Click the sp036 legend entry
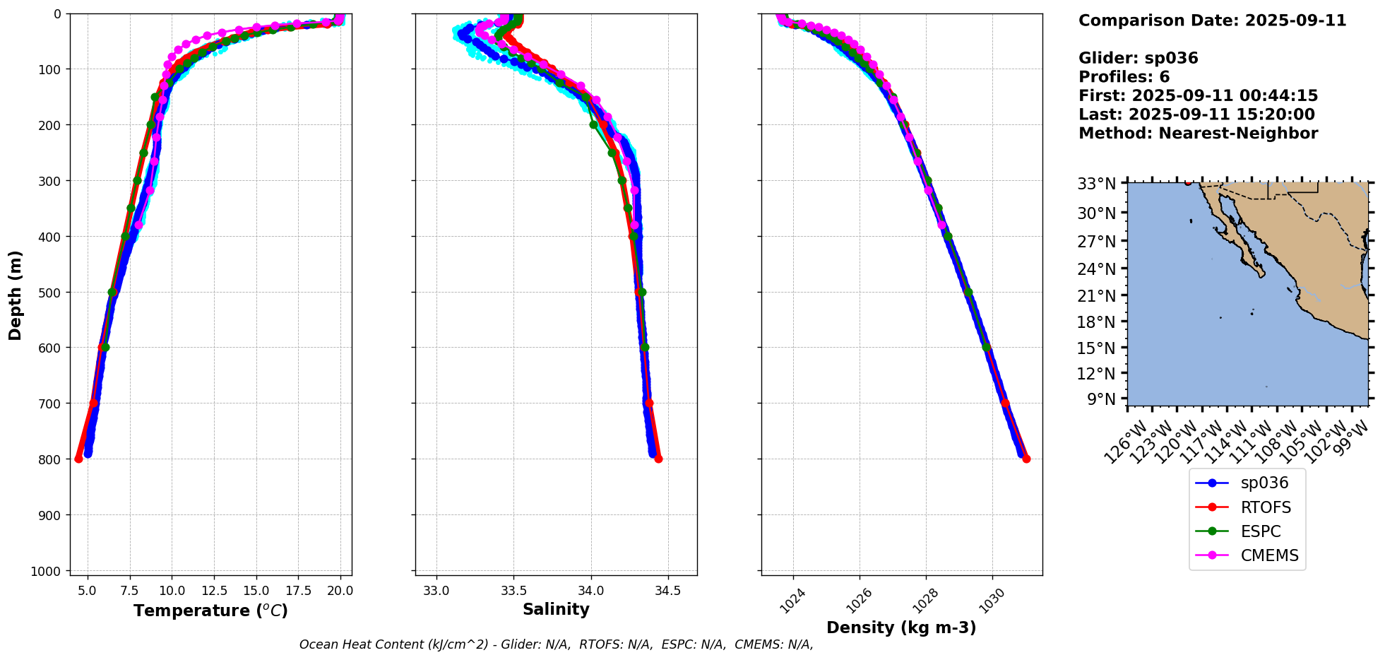coord(1264,483)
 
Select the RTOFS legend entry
coord(1265,507)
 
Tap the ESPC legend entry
coord(1260,531)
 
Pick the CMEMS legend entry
coord(1269,555)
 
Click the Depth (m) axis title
coord(16,295)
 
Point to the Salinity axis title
coord(556,610)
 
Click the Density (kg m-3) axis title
coord(901,627)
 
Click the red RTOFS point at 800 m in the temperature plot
coord(78,459)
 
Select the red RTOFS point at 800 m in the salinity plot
coord(658,459)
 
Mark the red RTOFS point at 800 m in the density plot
coord(1026,459)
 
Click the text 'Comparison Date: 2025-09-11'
coord(1212,20)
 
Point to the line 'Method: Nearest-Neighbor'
coord(1198,134)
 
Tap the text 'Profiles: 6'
coord(1124,77)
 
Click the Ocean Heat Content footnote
coord(556,644)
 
